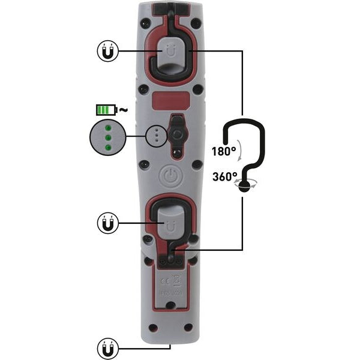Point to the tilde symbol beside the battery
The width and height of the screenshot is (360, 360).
(122, 110)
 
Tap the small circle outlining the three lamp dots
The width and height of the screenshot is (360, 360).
(157, 136)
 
